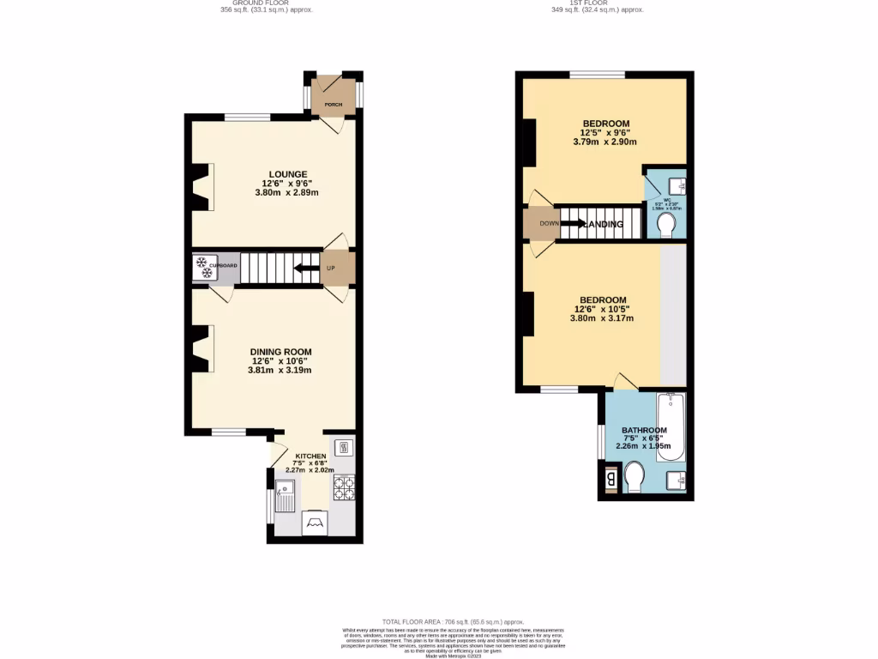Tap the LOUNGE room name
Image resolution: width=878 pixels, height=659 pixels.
pos(286,174)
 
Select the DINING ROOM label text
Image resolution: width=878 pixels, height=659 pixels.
pos(280,352)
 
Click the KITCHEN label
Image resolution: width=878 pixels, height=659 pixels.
pos(310,456)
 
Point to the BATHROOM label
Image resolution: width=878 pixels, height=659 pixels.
pos(644,431)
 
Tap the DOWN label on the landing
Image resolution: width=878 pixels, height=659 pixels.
pos(549,224)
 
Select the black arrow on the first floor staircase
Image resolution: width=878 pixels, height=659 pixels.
pos(573,224)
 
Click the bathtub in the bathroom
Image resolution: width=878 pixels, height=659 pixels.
pos(671,427)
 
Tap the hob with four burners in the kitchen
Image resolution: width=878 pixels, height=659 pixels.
pos(345,487)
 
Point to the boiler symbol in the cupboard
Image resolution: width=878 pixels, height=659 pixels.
pos(204,267)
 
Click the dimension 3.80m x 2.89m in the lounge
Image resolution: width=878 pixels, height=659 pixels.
pos(286,193)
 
